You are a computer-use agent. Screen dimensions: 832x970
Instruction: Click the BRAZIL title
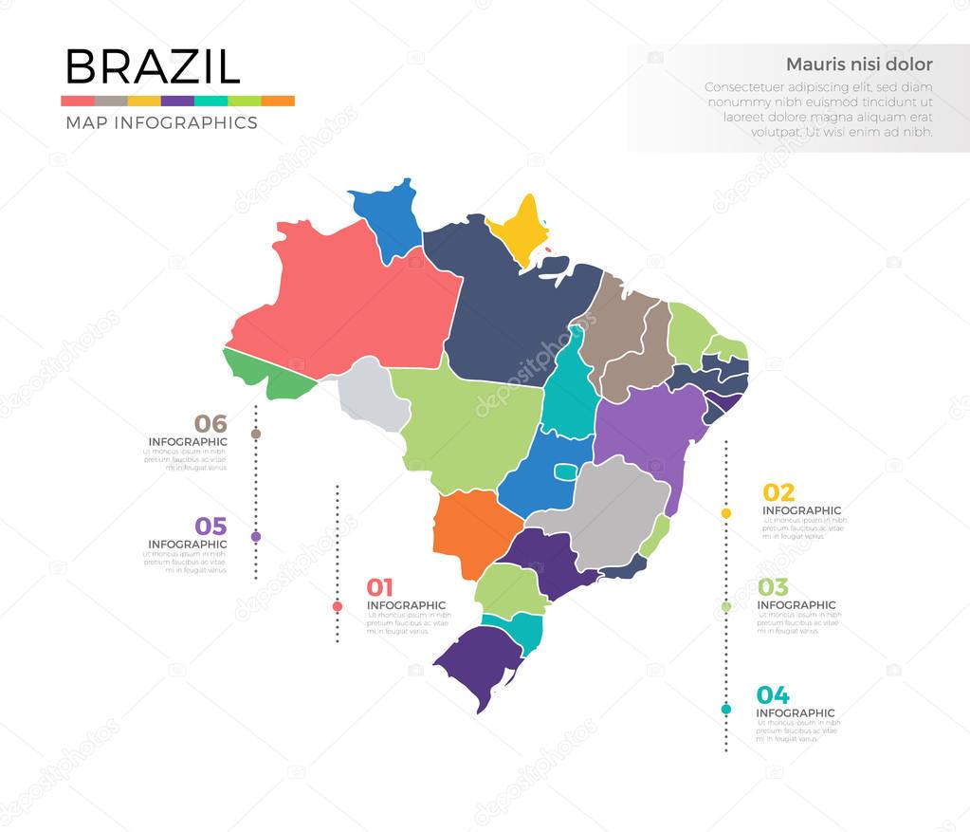tap(152, 66)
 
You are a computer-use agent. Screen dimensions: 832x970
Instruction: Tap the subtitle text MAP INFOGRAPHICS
tap(161, 122)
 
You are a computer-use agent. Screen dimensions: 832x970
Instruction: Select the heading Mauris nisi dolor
tap(859, 65)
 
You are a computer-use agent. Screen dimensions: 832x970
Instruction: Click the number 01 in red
tap(379, 587)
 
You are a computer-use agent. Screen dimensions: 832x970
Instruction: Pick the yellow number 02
tap(778, 492)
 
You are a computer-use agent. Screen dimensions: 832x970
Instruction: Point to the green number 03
tap(773, 587)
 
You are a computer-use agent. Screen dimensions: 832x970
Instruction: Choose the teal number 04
tap(773, 695)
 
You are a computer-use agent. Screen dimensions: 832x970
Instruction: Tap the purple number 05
tap(210, 527)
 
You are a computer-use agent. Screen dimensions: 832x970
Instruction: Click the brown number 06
tap(210, 424)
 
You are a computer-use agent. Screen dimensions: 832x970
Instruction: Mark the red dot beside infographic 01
tap(337, 606)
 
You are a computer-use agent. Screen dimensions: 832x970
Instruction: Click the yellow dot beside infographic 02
tap(726, 513)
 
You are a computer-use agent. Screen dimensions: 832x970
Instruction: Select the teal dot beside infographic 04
tap(726, 709)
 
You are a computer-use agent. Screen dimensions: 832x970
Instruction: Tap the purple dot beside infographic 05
tap(255, 537)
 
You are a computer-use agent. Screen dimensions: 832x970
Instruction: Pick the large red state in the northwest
tap(351, 304)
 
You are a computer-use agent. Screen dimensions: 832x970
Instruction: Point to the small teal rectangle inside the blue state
tap(565, 472)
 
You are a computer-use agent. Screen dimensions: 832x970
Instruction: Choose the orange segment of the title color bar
tap(277, 101)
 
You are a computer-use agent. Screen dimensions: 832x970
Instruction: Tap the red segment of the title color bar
tap(77, 101)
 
